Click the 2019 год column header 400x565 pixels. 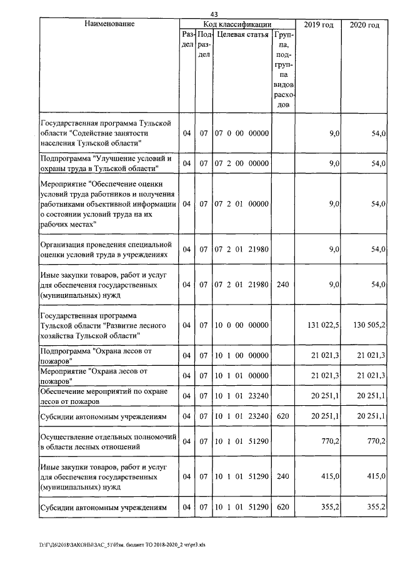(x=318, y=24)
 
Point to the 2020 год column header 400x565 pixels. (x=365, y=24)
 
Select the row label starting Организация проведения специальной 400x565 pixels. (x=104, y=249)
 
